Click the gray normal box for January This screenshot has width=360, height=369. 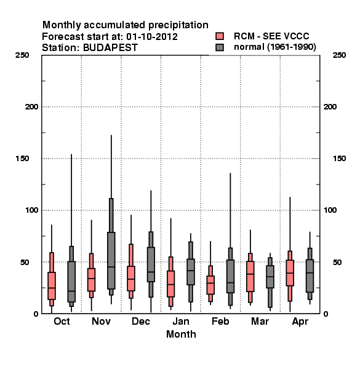pos(191,272)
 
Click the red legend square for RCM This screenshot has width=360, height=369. pos(220,36)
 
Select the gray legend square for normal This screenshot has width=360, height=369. pos(220,47)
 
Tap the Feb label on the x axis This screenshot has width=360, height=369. pos(220,321)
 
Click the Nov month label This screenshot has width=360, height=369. pos(102,321)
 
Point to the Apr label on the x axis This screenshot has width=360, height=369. pos(300,322)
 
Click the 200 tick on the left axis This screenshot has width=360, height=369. pos(31,107)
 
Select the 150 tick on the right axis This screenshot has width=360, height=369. pos(339,159)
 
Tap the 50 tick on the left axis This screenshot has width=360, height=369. pos(25,262)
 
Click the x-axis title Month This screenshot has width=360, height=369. pos(181,334)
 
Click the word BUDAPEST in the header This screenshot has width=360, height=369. pos(110,47)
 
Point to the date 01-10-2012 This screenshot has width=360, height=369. pos(152,37)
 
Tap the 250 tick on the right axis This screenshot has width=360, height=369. pos(339,55)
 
